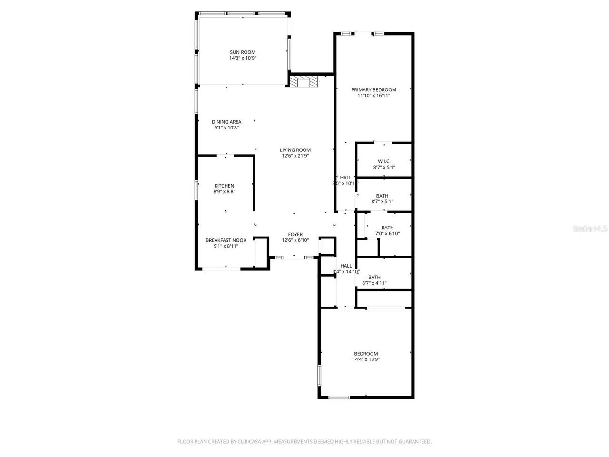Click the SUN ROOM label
[x=243, y=52]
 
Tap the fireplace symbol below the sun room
[x=304, y=82]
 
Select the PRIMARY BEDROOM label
[x=373, y=89]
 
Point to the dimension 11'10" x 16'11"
[x=373, y=96]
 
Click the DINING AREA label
[x=226, y=122]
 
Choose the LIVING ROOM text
[x=295, y=150]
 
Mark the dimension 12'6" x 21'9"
[x=295, y=156]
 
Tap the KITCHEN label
[x=224, y=186]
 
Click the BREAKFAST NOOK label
[x=226, y=240]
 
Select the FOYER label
[x=295, y=234]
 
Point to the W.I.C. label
[x=384, y=161]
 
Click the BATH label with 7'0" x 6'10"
[x=387, y=228]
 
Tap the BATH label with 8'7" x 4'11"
[x=374, y=277]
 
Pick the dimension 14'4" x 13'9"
[x=366, y=360]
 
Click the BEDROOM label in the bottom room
[x=366, y=354]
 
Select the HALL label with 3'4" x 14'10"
[x=346, y=266]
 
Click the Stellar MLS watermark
[x=590, y=228]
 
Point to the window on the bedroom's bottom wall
[x=339, y=397]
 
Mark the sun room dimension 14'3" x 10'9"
[x=243, y=58]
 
